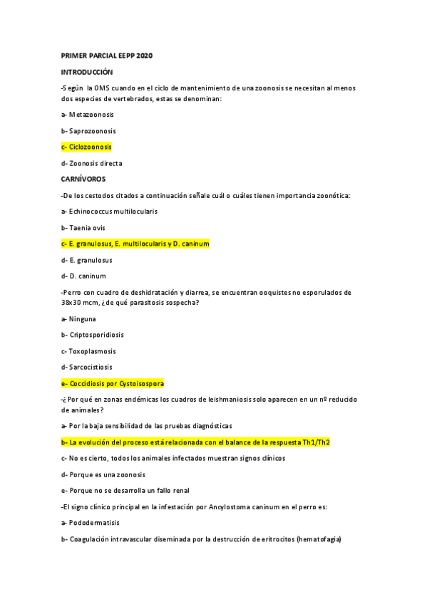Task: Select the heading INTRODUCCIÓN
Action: (87, 72)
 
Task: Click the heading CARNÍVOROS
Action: (84, 179)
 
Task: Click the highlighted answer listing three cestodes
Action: (135, 244)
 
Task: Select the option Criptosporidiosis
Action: (92, 335)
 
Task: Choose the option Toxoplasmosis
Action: (92, 351)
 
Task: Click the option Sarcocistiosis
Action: (91, 367)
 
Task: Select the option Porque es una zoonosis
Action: (106, 474)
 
